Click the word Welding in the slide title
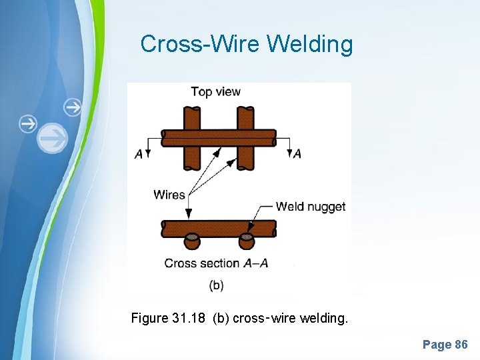[x=310, y=45]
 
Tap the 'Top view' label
[x=215, y=92]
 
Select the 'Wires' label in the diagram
[x=169, y=195]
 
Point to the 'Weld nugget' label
[x=311, y=206]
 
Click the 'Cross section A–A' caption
[x=216, y=263]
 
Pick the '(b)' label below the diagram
[x=216, y=285]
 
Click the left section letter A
[x=139, y=154]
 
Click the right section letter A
[x=297, y=154]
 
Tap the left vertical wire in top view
[x=193, y=157]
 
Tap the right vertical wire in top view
[x=245, y=157]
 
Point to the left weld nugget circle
[x=193, y=239]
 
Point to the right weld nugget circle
[x=246, y=239]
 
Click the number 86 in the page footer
[x=461, y=345]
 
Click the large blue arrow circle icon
[x=52, y=139]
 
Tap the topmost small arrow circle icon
[x=73, y=107]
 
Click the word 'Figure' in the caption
[x=149, y=319]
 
